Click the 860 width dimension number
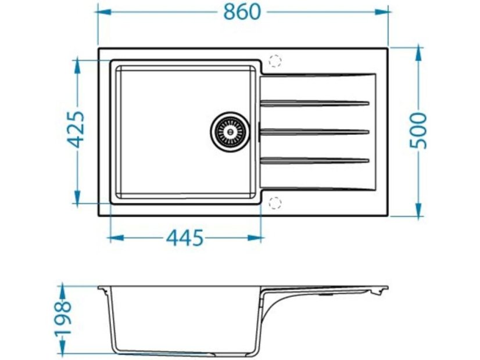242,12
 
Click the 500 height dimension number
418,131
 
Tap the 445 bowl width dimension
185,237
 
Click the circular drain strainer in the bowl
230,132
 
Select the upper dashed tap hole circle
275,61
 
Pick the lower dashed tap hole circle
275,203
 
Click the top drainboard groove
314,103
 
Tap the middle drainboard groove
314,132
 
